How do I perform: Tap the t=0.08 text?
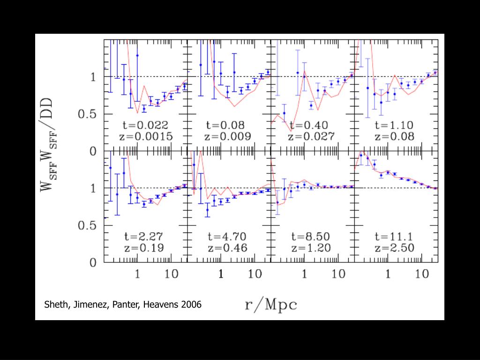228,125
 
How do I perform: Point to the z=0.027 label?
311,137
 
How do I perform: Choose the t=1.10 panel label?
395,125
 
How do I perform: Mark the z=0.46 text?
228,248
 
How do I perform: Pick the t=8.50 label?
311,236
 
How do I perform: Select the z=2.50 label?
395,248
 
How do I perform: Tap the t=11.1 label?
395,236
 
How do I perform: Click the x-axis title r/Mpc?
271,305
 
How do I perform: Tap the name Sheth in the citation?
56,305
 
